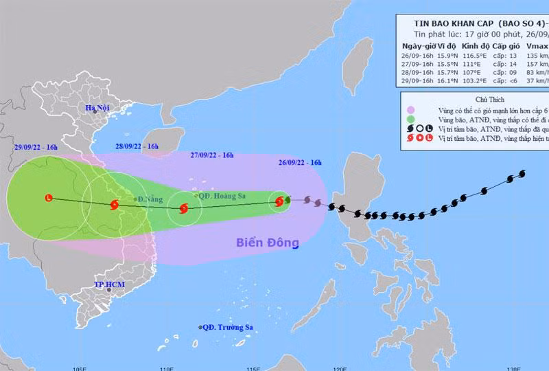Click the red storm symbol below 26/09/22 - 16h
[x=279, y=201]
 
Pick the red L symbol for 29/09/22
[x=47, y=199]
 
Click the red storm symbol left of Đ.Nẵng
[x=114, y=204]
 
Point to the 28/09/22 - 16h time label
[x=137, y=146]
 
